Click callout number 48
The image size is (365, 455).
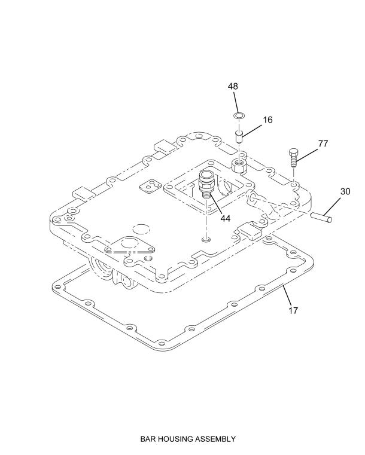pos(233,86)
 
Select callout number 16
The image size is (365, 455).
pos(267,120)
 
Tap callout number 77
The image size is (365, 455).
pos(323,143)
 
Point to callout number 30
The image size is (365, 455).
pos(345,191)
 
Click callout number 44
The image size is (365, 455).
pos(226,218)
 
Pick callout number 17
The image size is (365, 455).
pos(293,310)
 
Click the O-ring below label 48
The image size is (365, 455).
pos(239,116)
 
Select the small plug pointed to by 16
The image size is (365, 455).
pos(239,136)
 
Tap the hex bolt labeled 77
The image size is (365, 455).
pos(293,158)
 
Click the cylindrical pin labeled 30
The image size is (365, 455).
pos(321,217)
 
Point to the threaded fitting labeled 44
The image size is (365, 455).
pos(206,184)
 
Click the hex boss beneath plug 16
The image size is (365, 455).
pos(239,166)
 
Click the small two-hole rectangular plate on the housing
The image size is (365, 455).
pos(150,187)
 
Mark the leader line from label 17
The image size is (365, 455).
pos(287,295)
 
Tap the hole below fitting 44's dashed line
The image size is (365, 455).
pos(206,240)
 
